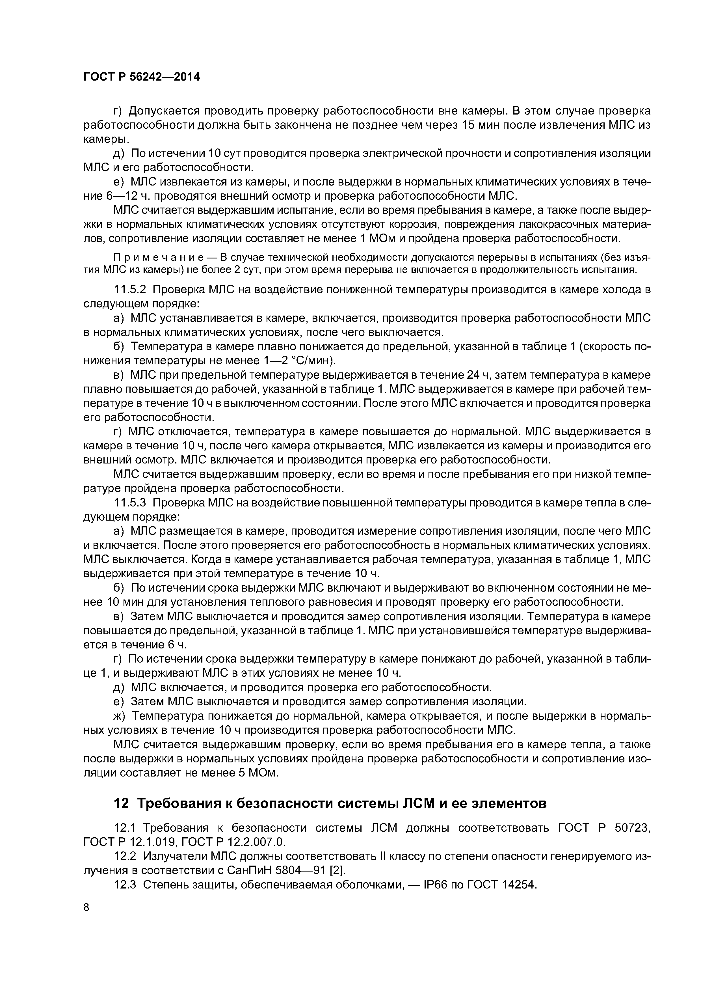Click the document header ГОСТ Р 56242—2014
pos(141,77)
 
